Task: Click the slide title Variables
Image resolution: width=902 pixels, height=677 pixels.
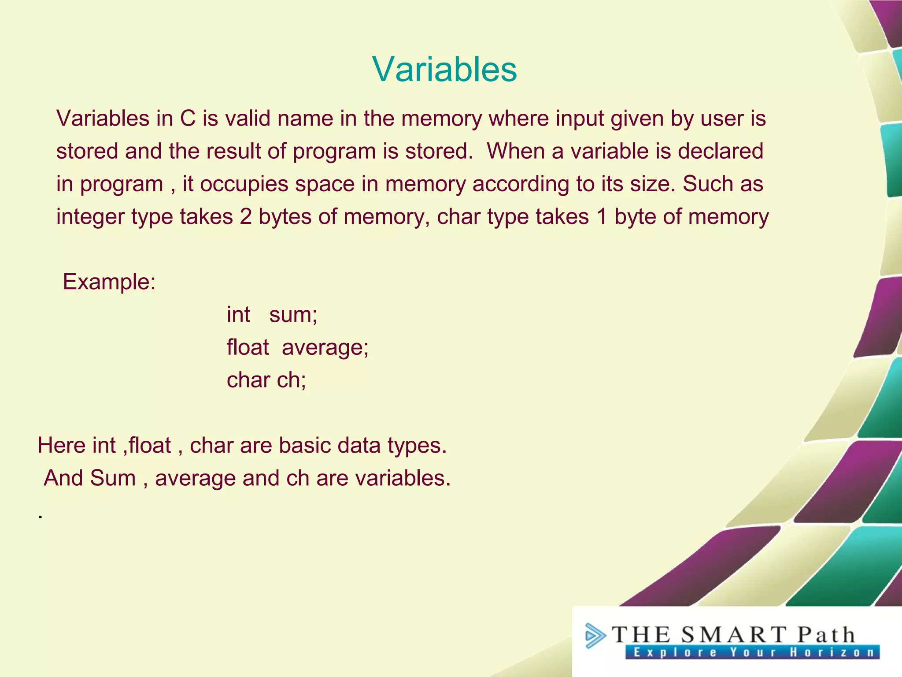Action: [444, 69]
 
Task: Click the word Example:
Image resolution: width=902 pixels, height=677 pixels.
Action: [109, 282]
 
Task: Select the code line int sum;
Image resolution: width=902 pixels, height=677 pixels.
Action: [272, 315]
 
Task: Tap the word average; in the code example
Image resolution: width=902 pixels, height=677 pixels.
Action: [325, 347]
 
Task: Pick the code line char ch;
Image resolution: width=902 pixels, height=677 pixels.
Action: [266, 380]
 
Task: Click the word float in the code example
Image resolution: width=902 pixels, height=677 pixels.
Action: [247, 347]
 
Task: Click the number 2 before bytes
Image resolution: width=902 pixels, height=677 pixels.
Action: [246, 217]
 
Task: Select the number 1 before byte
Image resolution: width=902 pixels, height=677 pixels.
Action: [602, 217]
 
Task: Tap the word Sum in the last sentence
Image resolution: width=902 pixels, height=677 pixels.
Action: [113, 478]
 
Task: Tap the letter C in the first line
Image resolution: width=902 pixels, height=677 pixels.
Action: [188, 119]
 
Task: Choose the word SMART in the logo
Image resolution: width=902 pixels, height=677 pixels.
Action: [733, 635]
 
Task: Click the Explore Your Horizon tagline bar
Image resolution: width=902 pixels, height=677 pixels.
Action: [752, 652]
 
